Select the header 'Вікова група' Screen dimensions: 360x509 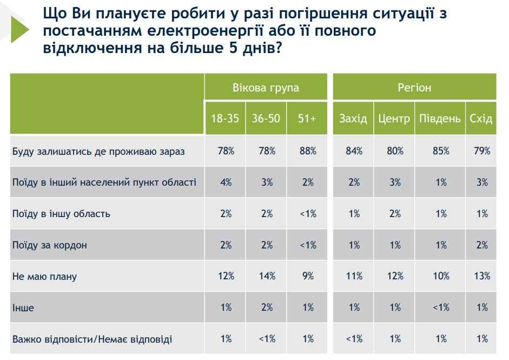(266, 88)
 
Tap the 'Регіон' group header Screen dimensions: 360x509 (414, 88)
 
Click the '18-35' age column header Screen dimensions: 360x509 (224, 119)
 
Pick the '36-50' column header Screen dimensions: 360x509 (266, 119)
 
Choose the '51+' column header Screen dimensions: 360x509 (307, 119)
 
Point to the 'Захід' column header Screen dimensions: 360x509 (353, 119)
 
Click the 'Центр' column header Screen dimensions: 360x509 (394, 119)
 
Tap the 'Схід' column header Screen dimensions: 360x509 (481, 119)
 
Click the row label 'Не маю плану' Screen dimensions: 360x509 (45, 277)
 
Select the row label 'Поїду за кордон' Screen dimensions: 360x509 (50, 245)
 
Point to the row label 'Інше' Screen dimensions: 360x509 (23, 308)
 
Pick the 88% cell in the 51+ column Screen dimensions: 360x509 (307, 151)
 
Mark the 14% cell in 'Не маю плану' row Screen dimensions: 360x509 (266, 277)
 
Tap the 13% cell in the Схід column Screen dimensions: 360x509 (481, 277)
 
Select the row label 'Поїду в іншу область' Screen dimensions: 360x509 (61, 214)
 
